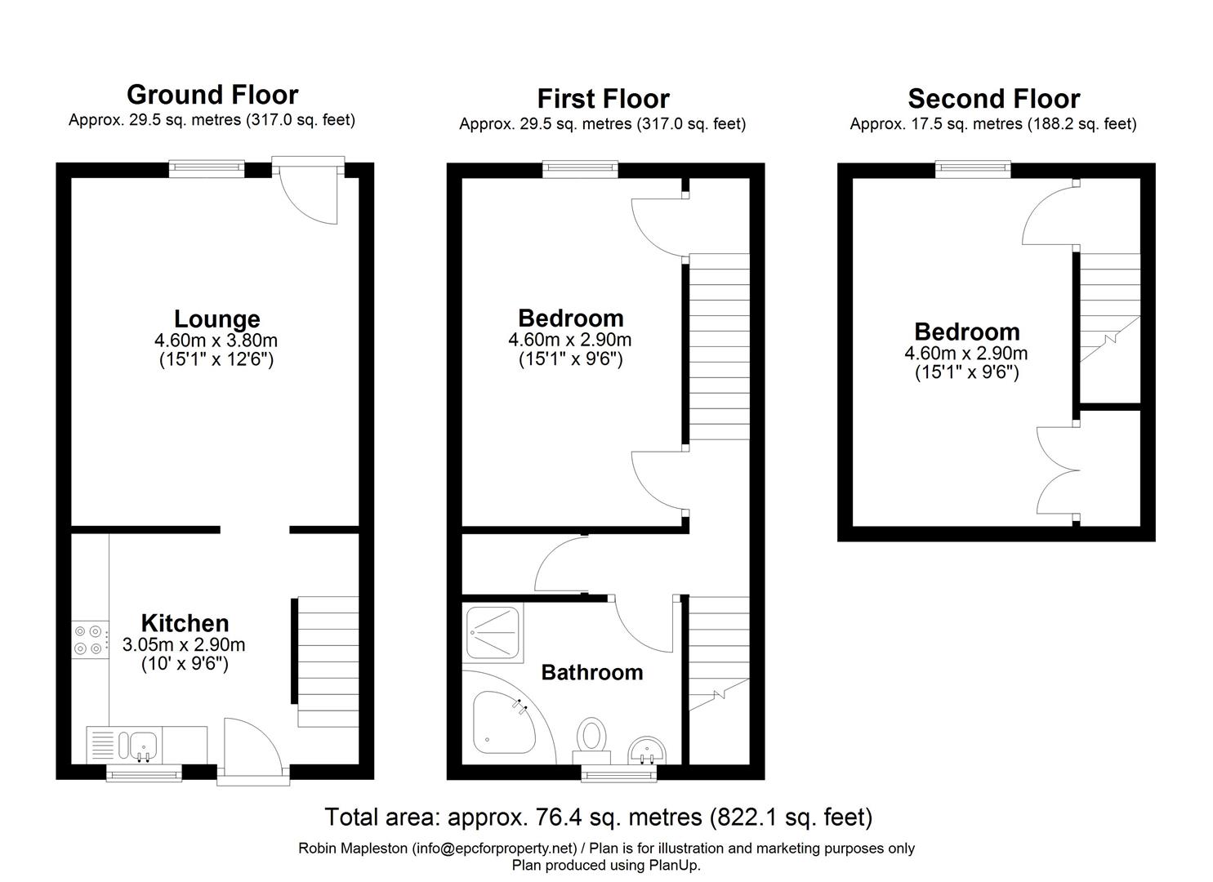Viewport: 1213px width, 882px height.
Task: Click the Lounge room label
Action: click(x=216, y=318)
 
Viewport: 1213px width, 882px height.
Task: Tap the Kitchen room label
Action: click(x=185, y=623)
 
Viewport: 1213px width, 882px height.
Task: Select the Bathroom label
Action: click(x=592, y=672)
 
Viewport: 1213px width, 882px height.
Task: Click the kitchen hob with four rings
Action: click(x=89, y=639)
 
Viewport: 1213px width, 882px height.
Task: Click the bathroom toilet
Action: click(x=591, y=735)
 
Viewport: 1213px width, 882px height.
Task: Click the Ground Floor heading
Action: click(x=212, y=95)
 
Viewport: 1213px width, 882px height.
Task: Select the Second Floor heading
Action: click(x=993, y=99)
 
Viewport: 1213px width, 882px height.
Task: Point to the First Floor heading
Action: click(x=603, y=99)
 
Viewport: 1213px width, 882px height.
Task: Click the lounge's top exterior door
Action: click(x=309, y=192)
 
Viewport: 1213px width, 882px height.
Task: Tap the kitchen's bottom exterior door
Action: click(x=252, y=752)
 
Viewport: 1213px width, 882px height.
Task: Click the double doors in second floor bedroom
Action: click(x=1058, y=470)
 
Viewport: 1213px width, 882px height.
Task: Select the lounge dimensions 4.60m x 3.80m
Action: click(x=216, y=341)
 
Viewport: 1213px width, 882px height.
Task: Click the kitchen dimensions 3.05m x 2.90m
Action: click(x=184, y=644)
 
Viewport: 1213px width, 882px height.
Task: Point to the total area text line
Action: click(x=598, y=817)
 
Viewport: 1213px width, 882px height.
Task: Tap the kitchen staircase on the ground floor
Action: click(x=328, y=661)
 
